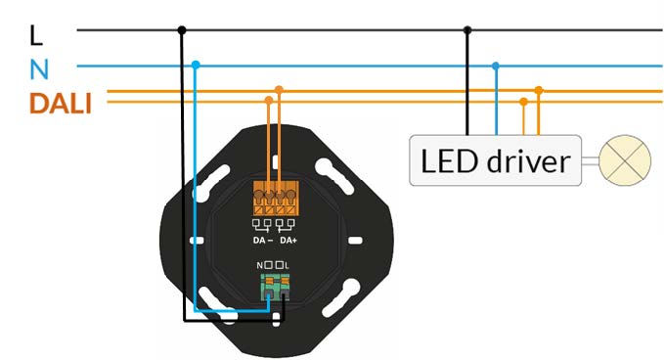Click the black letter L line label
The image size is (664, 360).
tap(37, 34)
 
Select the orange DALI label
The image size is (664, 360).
tap(60, 103)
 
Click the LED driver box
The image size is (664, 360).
tap(494, 159)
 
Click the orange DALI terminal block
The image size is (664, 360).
tap(275, 198)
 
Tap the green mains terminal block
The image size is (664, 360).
tap(274, 287)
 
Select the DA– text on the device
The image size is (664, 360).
tap(262, 240)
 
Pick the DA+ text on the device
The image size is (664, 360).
tap(288, 240)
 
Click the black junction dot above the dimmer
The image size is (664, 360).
tap(181, 29)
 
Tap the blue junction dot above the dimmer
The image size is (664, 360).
tap(196, 66)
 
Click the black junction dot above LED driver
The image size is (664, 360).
tap(466, 29)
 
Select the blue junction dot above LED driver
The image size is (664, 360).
tap(496, 66)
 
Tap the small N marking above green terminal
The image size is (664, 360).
tap(260, 266)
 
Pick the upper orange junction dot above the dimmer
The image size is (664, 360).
tap(280, 90)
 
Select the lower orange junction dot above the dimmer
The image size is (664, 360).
tap(269, 100)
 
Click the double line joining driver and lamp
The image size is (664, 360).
tap(591, 159)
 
